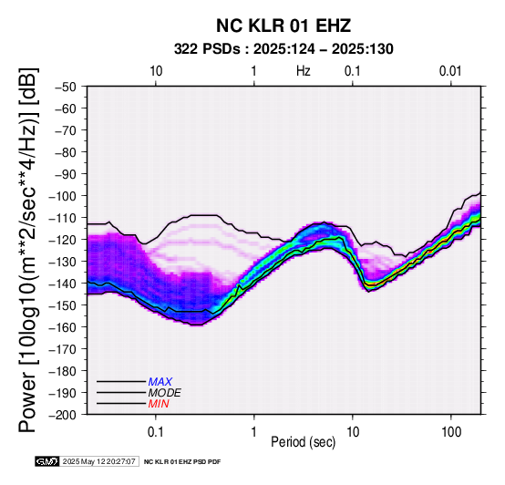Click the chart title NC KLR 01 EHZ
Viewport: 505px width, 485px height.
[283, 26]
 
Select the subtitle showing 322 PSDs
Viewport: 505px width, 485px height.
[283, 49]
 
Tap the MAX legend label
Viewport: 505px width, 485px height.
[160, 382]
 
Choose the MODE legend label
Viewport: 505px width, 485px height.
[165, 393]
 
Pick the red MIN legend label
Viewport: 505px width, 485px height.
[159, 404]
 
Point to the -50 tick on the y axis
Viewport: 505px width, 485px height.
[66, 87]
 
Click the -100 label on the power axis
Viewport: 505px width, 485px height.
[63, 196]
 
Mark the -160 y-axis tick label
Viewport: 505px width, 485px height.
[63, 327]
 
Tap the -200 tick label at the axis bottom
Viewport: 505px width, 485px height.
[63, 415]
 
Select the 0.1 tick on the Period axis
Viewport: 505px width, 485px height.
[156, 432]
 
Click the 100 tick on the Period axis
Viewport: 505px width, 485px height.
[451, 432]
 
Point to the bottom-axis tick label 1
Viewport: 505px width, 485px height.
[254, 432]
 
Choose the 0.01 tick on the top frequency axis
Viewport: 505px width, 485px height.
[450, 71]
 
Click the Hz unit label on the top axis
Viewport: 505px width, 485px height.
[303, 71]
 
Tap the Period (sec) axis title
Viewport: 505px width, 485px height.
[303, 442]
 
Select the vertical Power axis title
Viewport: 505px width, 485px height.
[28, 250]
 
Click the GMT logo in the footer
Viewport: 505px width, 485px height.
[47, 461]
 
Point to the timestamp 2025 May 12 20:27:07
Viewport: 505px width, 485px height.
[98, 461]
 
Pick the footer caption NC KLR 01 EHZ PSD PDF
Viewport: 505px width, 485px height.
[182, 462]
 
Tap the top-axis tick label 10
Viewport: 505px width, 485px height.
[156, 71]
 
